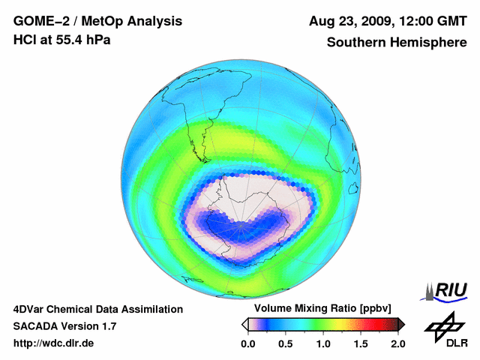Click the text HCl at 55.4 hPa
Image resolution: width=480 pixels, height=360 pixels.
coord(61,40)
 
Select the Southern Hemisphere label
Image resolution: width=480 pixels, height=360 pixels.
coord(397,42)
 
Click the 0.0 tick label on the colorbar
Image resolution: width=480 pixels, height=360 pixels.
coord(247,343)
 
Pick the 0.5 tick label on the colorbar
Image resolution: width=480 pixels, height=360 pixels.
coord(285,343)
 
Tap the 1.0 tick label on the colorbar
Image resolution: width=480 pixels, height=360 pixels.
coord(322,343)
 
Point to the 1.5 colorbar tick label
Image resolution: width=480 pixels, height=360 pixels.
coord(361,343)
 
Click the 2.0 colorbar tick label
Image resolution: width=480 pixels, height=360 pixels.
coord(398,343)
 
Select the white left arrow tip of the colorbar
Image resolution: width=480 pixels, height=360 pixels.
coord(244,324)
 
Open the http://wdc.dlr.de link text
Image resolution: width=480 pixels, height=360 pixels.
coord(54,343)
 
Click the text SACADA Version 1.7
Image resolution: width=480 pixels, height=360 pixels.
coord(64,326)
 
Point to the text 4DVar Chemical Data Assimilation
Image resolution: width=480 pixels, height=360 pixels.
coord(97,309)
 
